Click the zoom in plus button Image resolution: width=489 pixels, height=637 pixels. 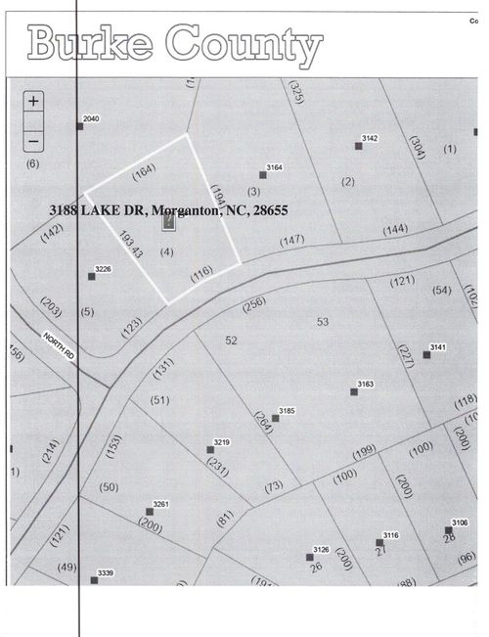(33, 102)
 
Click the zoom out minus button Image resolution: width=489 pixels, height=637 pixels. (33, 138)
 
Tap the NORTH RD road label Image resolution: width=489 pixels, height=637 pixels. (59, 343)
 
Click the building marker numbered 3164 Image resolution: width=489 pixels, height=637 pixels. (263, 175)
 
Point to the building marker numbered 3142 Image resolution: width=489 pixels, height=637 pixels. (359, 147)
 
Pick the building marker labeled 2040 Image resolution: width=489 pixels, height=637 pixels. (80, 126)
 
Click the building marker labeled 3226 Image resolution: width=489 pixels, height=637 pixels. (92, 277)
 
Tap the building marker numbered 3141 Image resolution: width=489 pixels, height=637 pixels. (426, 354)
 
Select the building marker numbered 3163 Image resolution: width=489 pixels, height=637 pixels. (354, 392)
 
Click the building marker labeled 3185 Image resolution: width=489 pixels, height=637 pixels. (276, 418)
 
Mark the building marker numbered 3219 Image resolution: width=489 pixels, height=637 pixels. (210, 450)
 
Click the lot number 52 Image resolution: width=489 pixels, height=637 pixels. (232, 340)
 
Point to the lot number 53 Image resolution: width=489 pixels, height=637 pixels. (324, 321)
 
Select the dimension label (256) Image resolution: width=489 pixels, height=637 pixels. (252, 304)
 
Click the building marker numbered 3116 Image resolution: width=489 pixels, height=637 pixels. (379, 542)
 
